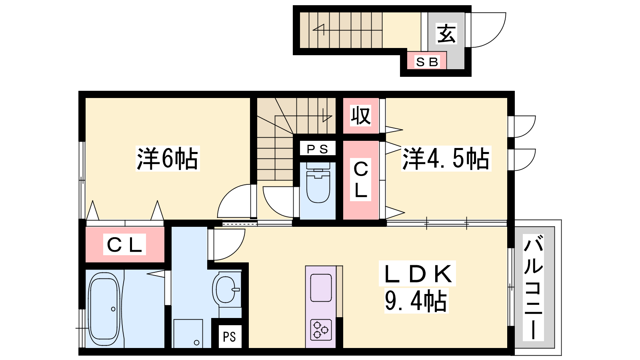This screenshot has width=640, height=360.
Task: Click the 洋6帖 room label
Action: pyautogui.click(x=168, y=159)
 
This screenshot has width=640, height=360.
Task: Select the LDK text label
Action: pyautogui.click(x=418, y=274)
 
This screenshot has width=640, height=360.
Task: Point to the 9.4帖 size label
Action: pyautogui.click(x=416, y=300)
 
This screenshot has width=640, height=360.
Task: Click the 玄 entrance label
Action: pyautogui.click(x=446, y=34)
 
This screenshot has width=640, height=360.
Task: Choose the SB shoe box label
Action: pyautogui.click(x=427, y=62)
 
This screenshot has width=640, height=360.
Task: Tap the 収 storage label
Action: pyautogui.click(x=361, y=116)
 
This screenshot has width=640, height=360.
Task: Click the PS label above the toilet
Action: pyautogui.click(x=318, y=149)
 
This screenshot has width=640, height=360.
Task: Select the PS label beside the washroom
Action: pyautogui.click(x=230, y=337)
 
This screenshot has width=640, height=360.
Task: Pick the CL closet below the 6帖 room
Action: pyautogui.click(x=125, y=244)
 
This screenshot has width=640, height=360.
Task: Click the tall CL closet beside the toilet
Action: pyautogui.click(x=361, y=180)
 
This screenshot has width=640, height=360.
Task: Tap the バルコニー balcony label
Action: pyautogui.click(x=533, y=288)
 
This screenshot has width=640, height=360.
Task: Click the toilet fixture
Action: pyautogui.click(x=318, y=182)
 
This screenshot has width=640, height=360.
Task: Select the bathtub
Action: pyautogui.click(x=104, y=310)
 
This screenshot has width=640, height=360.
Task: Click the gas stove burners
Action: pyautogui.click(x=321, y=330)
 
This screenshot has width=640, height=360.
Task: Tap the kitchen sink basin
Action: pyautogui.click(x=321, y=288)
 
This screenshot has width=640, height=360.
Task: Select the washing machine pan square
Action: pyautogui.click(x=188, y=334)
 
